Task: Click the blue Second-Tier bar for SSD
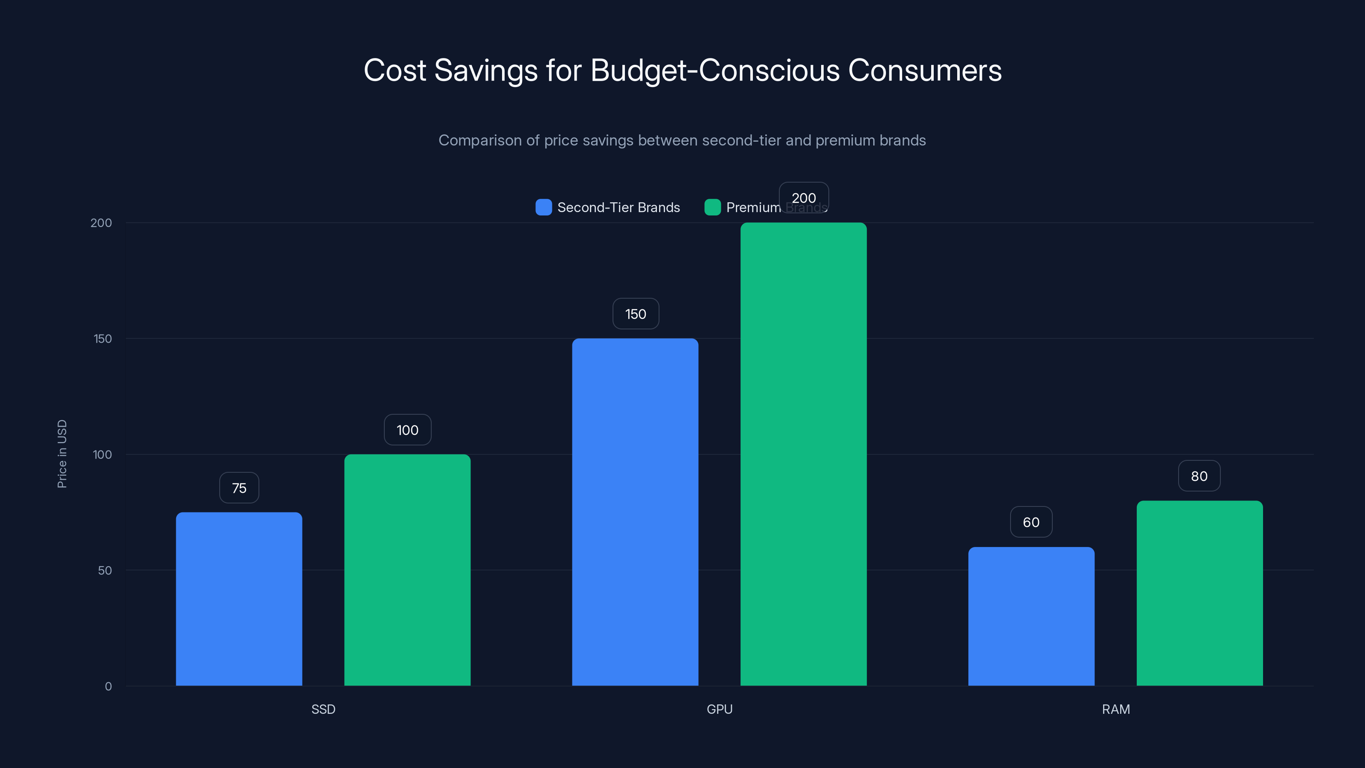(239, 599)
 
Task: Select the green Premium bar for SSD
(407, 570)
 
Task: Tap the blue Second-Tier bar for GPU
(635, 512)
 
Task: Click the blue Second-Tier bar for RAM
(1031, 617)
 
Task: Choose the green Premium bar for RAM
(1199, 593)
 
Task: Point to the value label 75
(239, 488)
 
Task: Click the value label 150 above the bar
(635, 314)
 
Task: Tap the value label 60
(1031, 522)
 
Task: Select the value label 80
(1199, 476)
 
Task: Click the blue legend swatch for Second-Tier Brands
(543, 207)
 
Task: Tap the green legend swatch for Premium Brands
(712, 207)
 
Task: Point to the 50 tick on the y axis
(105, 570)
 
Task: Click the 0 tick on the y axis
(108, 687)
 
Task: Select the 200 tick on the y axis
(101, 223)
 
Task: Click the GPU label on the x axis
(719, 709)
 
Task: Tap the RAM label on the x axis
(1115, 709)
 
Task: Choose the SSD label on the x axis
(323, 709)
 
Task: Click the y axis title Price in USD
(62, 454)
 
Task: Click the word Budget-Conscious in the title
(714, 70)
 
